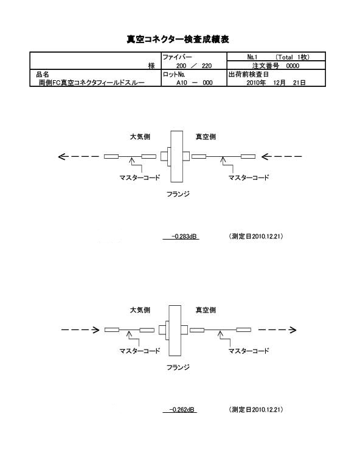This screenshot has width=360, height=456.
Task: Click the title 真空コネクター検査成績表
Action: click(178, 40)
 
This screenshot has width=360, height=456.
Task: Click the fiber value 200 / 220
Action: click(194, 66)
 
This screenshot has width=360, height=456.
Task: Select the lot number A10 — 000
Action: click(194, 83)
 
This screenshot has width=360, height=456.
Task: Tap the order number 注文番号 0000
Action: click(275, 66)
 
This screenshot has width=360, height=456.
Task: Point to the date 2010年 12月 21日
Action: click(276, 83)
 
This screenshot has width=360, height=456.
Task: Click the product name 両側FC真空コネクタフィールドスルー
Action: click(92, 83)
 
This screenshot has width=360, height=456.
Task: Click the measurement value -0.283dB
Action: click(184, 236)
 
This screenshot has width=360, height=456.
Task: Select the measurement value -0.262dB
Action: click(182, 409)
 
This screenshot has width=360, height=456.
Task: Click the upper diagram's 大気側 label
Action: click(140, 137)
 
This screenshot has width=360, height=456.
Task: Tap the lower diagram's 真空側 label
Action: click(206, 310)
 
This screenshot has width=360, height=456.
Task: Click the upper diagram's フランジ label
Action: click(178, 194)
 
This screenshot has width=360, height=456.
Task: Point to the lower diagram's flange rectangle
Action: click(175, 330)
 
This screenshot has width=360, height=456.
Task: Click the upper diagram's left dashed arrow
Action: click(78, 157)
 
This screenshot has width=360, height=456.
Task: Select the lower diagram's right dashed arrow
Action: click(277, 330)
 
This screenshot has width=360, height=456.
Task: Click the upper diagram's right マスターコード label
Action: click(249, 178)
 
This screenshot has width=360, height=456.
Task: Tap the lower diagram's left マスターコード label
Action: click(140, 351)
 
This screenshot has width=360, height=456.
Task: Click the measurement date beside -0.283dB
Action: click(256, 236)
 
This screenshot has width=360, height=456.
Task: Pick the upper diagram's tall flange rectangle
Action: click(177, 156)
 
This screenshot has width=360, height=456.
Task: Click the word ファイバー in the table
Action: click(177, 57)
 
